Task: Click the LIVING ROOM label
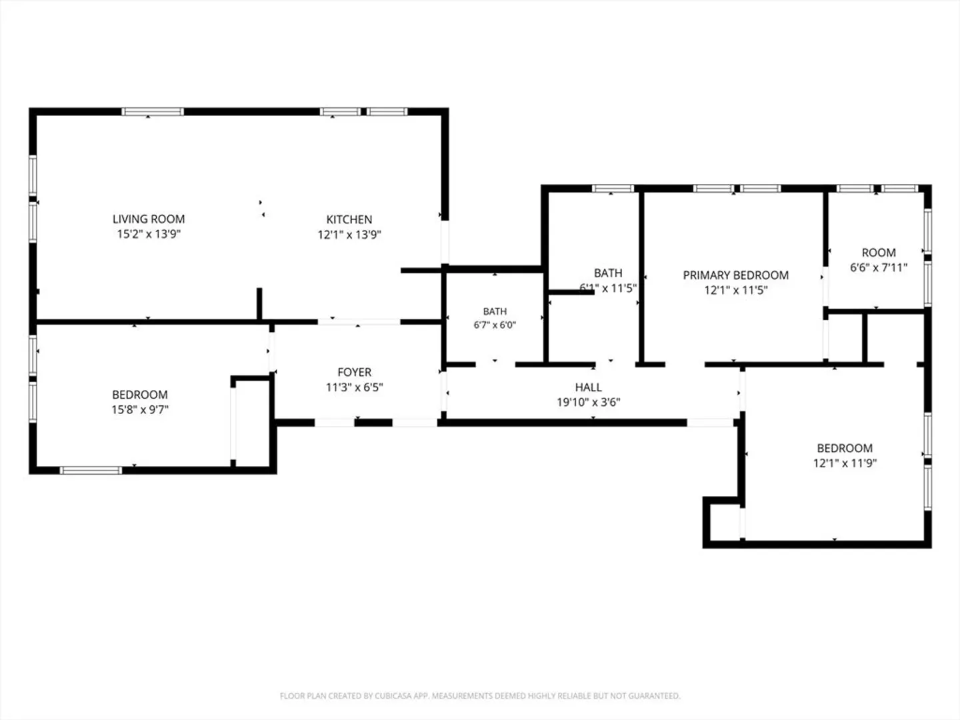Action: [x=149, y=219]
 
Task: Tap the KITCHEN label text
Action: [x=349, y=219]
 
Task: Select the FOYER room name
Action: [x=354, y=372]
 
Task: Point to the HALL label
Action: [x=588, y=387]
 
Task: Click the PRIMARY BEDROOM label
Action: [x=735, y=275]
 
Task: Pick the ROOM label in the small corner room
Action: [x=879, y=253]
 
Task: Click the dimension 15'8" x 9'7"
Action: [x=140, y=409]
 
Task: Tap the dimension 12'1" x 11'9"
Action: [x=845, y=463]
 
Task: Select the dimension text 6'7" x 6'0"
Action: [x=495, y=325]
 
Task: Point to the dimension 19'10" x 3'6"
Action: [x=588, y=402]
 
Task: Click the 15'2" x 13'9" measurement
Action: [x=149, y=234]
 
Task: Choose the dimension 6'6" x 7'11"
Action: [x=879, y=267]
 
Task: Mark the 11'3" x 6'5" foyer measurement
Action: [x=354, y=387]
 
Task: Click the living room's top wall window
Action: [x=153, y=111]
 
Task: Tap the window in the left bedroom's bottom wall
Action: [x=91, y=471]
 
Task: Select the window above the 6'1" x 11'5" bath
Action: [x=613, y=189]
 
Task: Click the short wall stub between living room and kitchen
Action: [x=259, y=304]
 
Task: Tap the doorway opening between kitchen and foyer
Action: [x=359, y=322]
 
